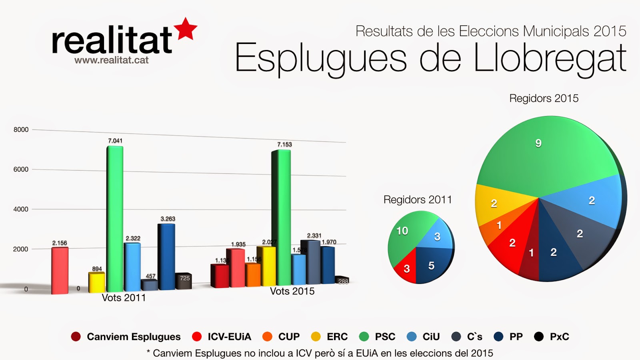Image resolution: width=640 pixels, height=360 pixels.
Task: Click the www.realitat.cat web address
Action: (x=111, y=60)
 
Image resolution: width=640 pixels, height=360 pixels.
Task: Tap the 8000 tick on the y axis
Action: (x=21, y=130)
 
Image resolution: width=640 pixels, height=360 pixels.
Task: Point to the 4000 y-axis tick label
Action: (x=21, y=209)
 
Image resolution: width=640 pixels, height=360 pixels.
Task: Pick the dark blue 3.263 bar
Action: (x=167, y=256)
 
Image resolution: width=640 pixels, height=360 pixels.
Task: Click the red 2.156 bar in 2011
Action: (x=60, y=270)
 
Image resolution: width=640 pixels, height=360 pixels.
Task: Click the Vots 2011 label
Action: (x=124, y=298)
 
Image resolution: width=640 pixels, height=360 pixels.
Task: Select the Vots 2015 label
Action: (x=292, y=291)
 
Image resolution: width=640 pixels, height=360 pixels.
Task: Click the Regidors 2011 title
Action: (x=418, y=200)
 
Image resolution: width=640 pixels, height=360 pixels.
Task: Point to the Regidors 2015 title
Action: (x=544, y=98)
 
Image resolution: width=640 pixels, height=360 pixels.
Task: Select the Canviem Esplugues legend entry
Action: (x=126, y=337)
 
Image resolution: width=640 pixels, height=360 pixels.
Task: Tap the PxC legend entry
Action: (x=552, y=337)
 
